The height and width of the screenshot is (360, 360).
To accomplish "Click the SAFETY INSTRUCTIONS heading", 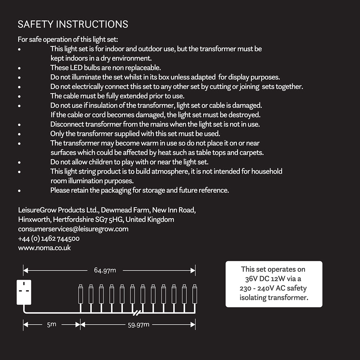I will [x=73, y=24].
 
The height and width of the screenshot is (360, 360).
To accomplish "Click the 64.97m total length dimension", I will [x=105, y=270].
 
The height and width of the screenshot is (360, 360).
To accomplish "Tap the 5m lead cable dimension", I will [x=51, y=324].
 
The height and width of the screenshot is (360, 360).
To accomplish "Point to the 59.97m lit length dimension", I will [x=139, y=325].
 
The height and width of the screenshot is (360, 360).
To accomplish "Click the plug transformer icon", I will [x=24, y=292].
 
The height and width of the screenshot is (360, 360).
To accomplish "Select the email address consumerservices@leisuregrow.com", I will [x=73, y=229].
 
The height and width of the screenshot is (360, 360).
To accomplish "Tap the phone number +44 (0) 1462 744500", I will [x=49, y=238].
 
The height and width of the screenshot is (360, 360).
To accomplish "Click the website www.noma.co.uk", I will [x=44, y=248].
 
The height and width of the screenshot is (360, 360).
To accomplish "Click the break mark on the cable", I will [x=136, y=311].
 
